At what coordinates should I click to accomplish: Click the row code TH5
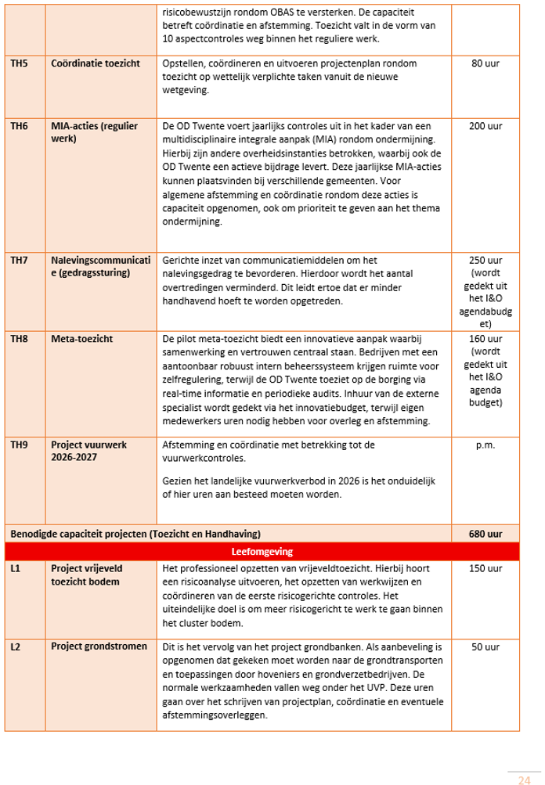19,63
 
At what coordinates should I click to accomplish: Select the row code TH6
19,125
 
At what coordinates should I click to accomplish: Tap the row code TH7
19,260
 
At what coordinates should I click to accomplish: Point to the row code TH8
19,339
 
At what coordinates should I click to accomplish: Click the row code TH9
19,445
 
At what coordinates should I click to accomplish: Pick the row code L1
15,568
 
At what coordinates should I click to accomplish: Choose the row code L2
15,647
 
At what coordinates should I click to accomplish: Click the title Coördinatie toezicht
95,63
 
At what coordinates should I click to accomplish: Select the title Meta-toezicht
81,339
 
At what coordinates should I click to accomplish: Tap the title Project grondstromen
99,647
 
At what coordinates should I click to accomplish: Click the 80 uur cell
485,63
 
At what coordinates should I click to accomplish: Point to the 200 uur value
485,125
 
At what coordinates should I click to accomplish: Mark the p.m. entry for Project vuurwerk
485,445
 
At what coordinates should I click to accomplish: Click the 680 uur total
485,534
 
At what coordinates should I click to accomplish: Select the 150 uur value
485,568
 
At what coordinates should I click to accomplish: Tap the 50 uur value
485,647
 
